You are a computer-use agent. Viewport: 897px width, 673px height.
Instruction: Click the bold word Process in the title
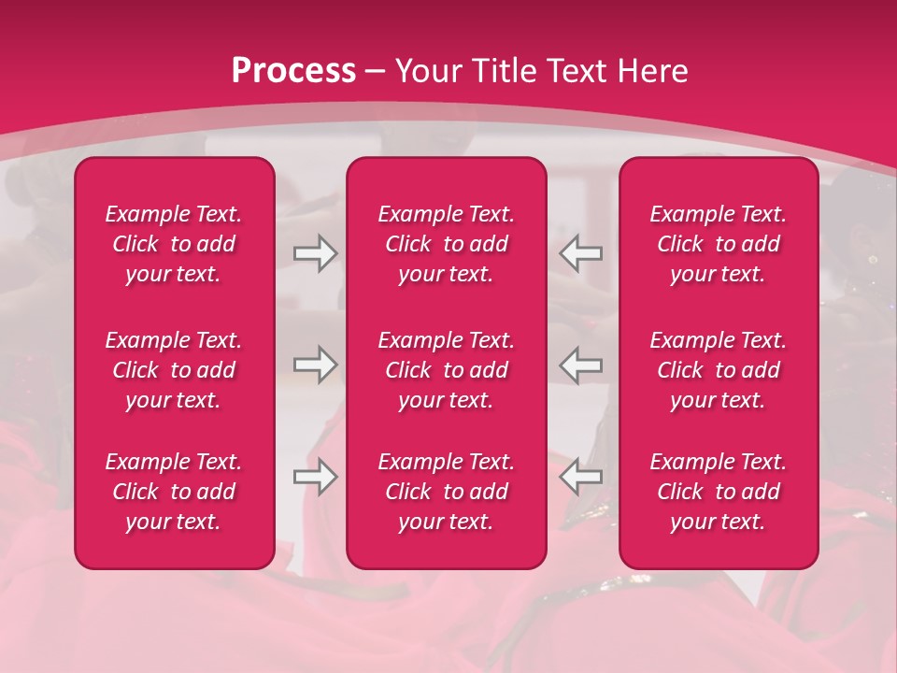[293, 71]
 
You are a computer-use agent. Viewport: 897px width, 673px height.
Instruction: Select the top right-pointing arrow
[316, 253]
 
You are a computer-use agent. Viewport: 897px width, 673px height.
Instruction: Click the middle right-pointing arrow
[316, 365]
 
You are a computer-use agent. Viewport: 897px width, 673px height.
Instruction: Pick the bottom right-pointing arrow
[316, 477]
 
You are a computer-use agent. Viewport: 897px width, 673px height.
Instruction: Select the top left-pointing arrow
[580, 253]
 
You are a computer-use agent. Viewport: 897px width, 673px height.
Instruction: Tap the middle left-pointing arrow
[580, 365]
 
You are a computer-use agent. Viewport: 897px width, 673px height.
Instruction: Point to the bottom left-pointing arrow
[580, 477]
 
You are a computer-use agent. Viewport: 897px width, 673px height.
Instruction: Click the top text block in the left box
[174, 244]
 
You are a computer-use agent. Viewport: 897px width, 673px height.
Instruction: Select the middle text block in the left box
[174, 370]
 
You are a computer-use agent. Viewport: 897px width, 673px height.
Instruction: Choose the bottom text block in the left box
[174, 492]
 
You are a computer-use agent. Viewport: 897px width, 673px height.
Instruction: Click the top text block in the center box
[446, 244]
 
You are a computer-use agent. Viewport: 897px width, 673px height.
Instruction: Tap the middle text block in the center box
[446, 370]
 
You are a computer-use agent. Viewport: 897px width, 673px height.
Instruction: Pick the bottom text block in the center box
[446, 492]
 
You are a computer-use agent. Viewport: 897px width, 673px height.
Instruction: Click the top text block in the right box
[718, 244]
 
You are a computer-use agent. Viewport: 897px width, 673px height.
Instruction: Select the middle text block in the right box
[718, 370]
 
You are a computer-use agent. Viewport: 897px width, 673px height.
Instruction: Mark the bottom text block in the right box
[718, 492]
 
